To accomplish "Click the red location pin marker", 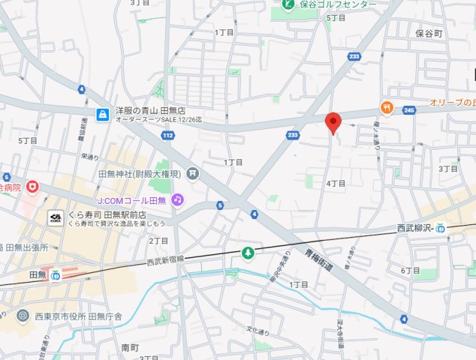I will click(x=333, y=122).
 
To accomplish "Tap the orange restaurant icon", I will click(x=387, y=108).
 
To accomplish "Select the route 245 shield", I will click(x=409, y=110).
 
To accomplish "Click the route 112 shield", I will click(x=168, y=135).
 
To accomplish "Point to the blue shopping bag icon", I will click(x=101, y=114).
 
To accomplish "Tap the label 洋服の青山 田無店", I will click(x=155, y=109).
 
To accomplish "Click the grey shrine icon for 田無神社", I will click(x=194, y=173).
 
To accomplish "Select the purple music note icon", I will click(x=177, y=199).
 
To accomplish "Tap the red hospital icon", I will click(x=32, y=186).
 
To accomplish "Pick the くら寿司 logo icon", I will click(x=56, y=218).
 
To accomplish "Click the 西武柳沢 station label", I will click(x=415, y=227).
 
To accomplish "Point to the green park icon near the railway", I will click(x=247, y=254).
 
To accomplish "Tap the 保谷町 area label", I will click(x=429, y=34).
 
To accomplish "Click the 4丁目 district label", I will click(x=336, y=184).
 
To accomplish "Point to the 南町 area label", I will click(x=130, y=348).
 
